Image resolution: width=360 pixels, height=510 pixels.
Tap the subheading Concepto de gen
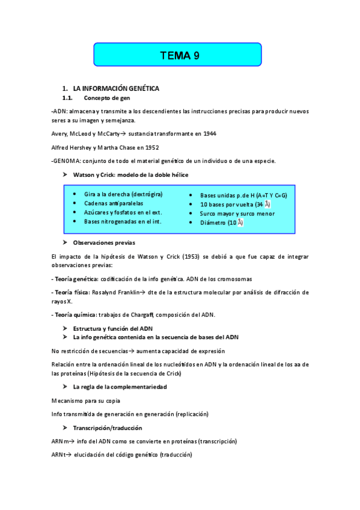pos(107,98)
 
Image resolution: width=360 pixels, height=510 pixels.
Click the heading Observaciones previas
pos(104,242)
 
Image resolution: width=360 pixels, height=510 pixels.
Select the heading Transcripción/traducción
pos(108,428)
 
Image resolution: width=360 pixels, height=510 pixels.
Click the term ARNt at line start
pos(59,455)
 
